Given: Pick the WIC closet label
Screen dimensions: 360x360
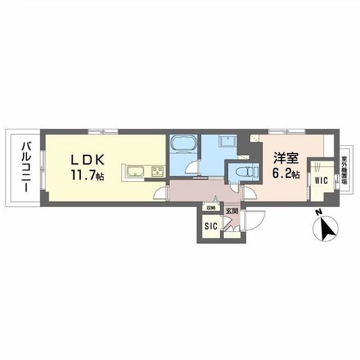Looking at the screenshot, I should click(321, 181).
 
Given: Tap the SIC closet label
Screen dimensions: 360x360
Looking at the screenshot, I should click(210, 226).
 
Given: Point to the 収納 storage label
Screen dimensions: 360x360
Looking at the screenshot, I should click(211, 208).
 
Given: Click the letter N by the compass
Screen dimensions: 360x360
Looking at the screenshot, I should click(316, 215).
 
